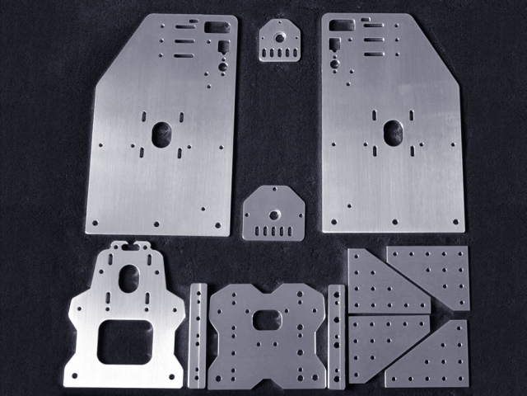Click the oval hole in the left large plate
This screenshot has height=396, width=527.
[x=161, y=132]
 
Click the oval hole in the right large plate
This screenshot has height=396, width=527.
[x=393, y=130]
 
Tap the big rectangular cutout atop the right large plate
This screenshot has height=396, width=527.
[x=338, y=25]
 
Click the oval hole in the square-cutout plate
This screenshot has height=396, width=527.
[x=128, y=278]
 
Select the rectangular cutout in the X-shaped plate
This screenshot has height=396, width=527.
[x=268, y=319]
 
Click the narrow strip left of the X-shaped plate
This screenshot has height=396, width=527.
[x=198, y=336]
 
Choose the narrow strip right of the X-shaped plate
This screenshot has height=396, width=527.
[x=336, y=337]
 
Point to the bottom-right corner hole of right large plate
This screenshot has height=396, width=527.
[x=458, y=221]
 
